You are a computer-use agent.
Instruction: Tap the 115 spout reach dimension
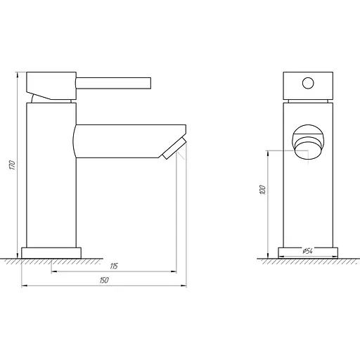(x=113, y=265)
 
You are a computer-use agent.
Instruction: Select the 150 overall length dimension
(x=104, y=281)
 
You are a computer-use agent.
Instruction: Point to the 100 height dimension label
(x=262, y=189)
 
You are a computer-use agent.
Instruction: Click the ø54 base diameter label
(x=307, y=251)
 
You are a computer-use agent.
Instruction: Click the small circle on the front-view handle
(x=308, y=84)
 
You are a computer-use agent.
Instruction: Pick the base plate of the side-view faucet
(x=51, y=251)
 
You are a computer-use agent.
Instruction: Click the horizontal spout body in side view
(x=120, y=141)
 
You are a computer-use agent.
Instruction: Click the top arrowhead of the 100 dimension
(x=269, y=152)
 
